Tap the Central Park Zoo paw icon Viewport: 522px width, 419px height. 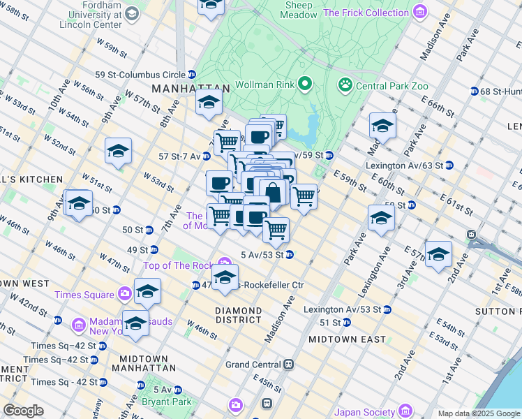(345, 85)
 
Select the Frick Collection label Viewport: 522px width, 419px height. (366, 13)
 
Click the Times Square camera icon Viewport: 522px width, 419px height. (125, 294)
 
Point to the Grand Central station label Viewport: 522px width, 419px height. (253, 365)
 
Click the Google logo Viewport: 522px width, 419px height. (23, 411)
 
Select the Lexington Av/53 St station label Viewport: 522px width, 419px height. (342, 309)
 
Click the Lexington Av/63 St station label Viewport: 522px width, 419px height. (404, 166)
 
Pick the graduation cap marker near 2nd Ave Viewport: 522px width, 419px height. (438, 254)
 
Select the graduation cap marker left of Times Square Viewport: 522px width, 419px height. (78, 203)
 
